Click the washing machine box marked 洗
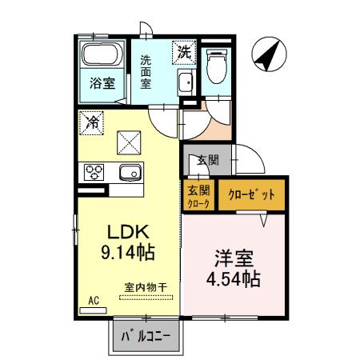coord(185,53)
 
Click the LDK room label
coord(126,232)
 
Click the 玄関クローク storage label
coord(198,196)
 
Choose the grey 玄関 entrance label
coord(207,160)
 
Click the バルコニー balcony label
coord(146,336)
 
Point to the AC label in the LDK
coord(93,300)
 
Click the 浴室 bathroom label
coord(102,82)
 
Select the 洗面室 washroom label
coord(146,72)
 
